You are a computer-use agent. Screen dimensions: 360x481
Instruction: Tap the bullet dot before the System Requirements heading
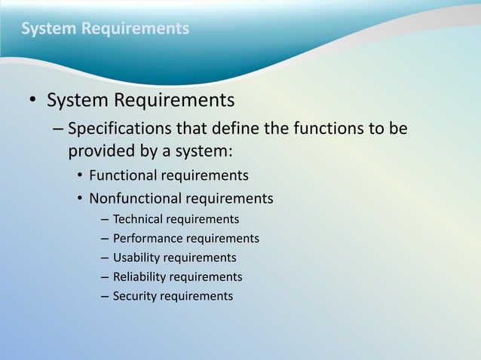point(33,101)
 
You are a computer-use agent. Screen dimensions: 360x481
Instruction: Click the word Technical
point(138,219)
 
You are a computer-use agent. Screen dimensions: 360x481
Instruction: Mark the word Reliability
point(139,277)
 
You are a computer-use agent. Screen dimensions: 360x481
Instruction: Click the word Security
point(134,296)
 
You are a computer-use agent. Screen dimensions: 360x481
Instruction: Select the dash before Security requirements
point(104,296)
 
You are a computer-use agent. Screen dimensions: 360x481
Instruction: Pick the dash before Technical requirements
point(104,219)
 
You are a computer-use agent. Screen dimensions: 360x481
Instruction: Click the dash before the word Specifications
point(59,129)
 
